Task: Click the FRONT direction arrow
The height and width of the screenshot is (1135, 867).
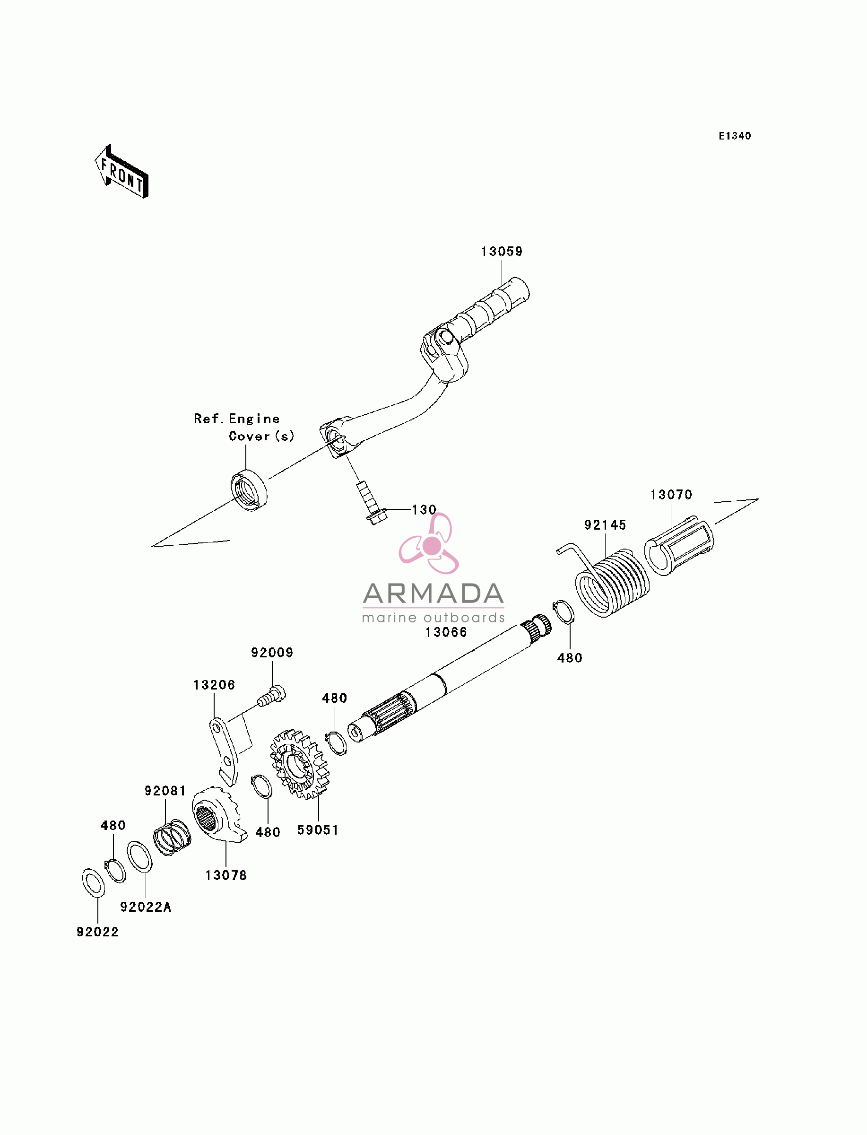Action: click(x=122, y=172)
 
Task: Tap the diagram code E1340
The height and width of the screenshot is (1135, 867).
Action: click(x=735, y=136)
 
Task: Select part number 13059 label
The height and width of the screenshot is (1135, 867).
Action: click(x=502, y=252)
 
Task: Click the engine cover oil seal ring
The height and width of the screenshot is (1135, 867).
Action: click(x=249, y=490)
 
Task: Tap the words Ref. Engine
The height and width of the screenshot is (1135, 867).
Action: click(x=237, y=419)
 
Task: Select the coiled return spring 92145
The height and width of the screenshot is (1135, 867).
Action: click(x=607, y=580)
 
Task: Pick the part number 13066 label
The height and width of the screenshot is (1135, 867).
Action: click(x=446, y=632)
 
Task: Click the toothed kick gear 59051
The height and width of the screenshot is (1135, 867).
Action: click(x=299, y=764)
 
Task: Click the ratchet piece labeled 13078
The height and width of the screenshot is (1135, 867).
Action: click(x=219, y=815)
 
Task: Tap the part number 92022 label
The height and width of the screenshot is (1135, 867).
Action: click(x=97, y=932)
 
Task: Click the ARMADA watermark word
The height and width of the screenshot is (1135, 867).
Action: click(x=433, y=594)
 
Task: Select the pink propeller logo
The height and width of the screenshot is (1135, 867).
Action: click(x=429, y=543)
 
